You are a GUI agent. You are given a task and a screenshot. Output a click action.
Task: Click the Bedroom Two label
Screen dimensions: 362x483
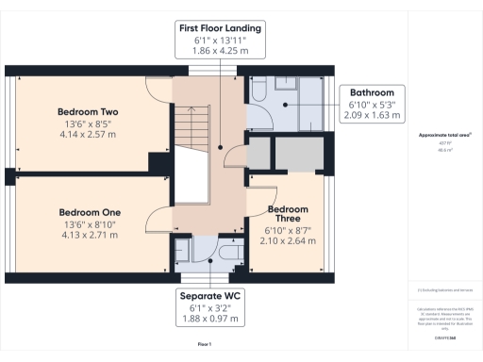[89, 111]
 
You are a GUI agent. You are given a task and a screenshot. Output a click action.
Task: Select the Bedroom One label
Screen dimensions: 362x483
[89, 212]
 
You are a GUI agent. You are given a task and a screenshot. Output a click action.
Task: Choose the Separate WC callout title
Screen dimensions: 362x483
[210, 296]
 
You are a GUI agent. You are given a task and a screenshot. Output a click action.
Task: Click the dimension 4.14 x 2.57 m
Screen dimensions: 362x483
[89, 135]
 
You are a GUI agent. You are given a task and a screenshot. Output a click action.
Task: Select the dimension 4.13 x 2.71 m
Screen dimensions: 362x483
[89, 235]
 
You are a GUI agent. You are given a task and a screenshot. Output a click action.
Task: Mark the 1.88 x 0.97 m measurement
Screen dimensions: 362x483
[210, 319]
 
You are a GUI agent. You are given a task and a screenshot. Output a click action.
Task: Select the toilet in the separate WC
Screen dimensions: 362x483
[227, 255]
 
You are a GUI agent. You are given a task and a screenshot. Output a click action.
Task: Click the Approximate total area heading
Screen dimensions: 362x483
[444, 135]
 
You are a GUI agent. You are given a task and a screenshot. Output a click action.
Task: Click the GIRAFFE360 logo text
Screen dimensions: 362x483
[445, 337]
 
